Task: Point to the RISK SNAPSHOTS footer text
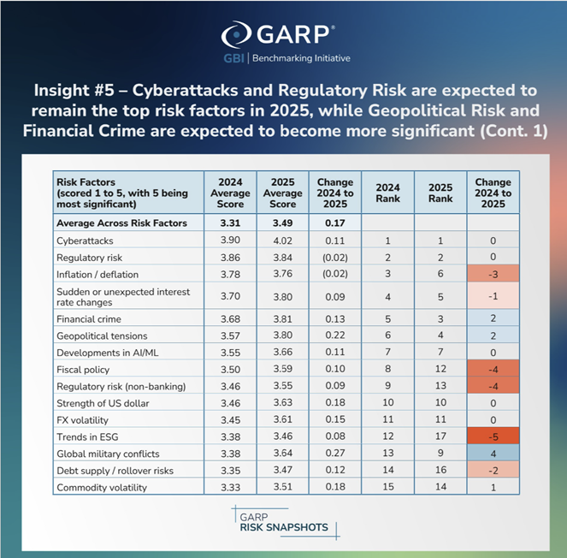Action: click(x=283, y=527)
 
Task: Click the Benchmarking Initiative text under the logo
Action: click(x=300, y=58)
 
